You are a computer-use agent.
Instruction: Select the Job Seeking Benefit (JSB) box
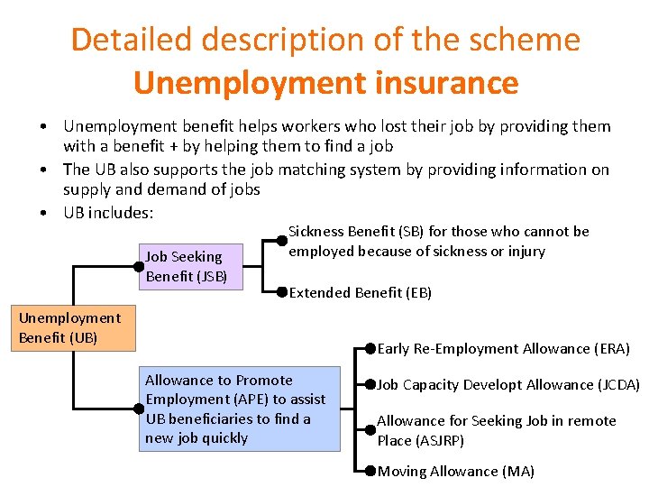191,267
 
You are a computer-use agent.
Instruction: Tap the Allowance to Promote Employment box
240,409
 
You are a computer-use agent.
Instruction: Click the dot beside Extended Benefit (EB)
282,292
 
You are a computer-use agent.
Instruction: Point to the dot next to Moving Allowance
370,470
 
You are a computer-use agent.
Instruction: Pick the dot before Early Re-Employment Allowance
370,348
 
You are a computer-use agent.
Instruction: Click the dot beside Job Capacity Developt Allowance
370,384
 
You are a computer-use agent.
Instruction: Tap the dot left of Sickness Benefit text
282,241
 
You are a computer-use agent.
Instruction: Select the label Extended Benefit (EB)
361,292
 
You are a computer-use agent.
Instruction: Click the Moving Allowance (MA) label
456,471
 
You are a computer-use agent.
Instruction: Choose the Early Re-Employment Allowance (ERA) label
503,348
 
